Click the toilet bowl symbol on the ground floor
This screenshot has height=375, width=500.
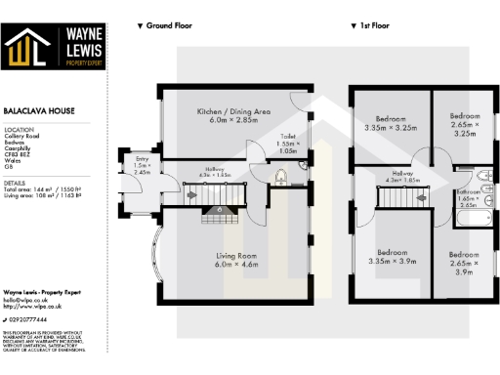coord(280,177)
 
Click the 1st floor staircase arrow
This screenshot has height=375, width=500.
coord(423,195)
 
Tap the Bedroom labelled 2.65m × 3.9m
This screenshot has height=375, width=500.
coord(465,261)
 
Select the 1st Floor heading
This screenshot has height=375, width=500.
coord(371,25)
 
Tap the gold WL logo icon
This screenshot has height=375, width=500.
coord(28,49)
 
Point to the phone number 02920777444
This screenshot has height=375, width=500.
coord(30,318)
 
